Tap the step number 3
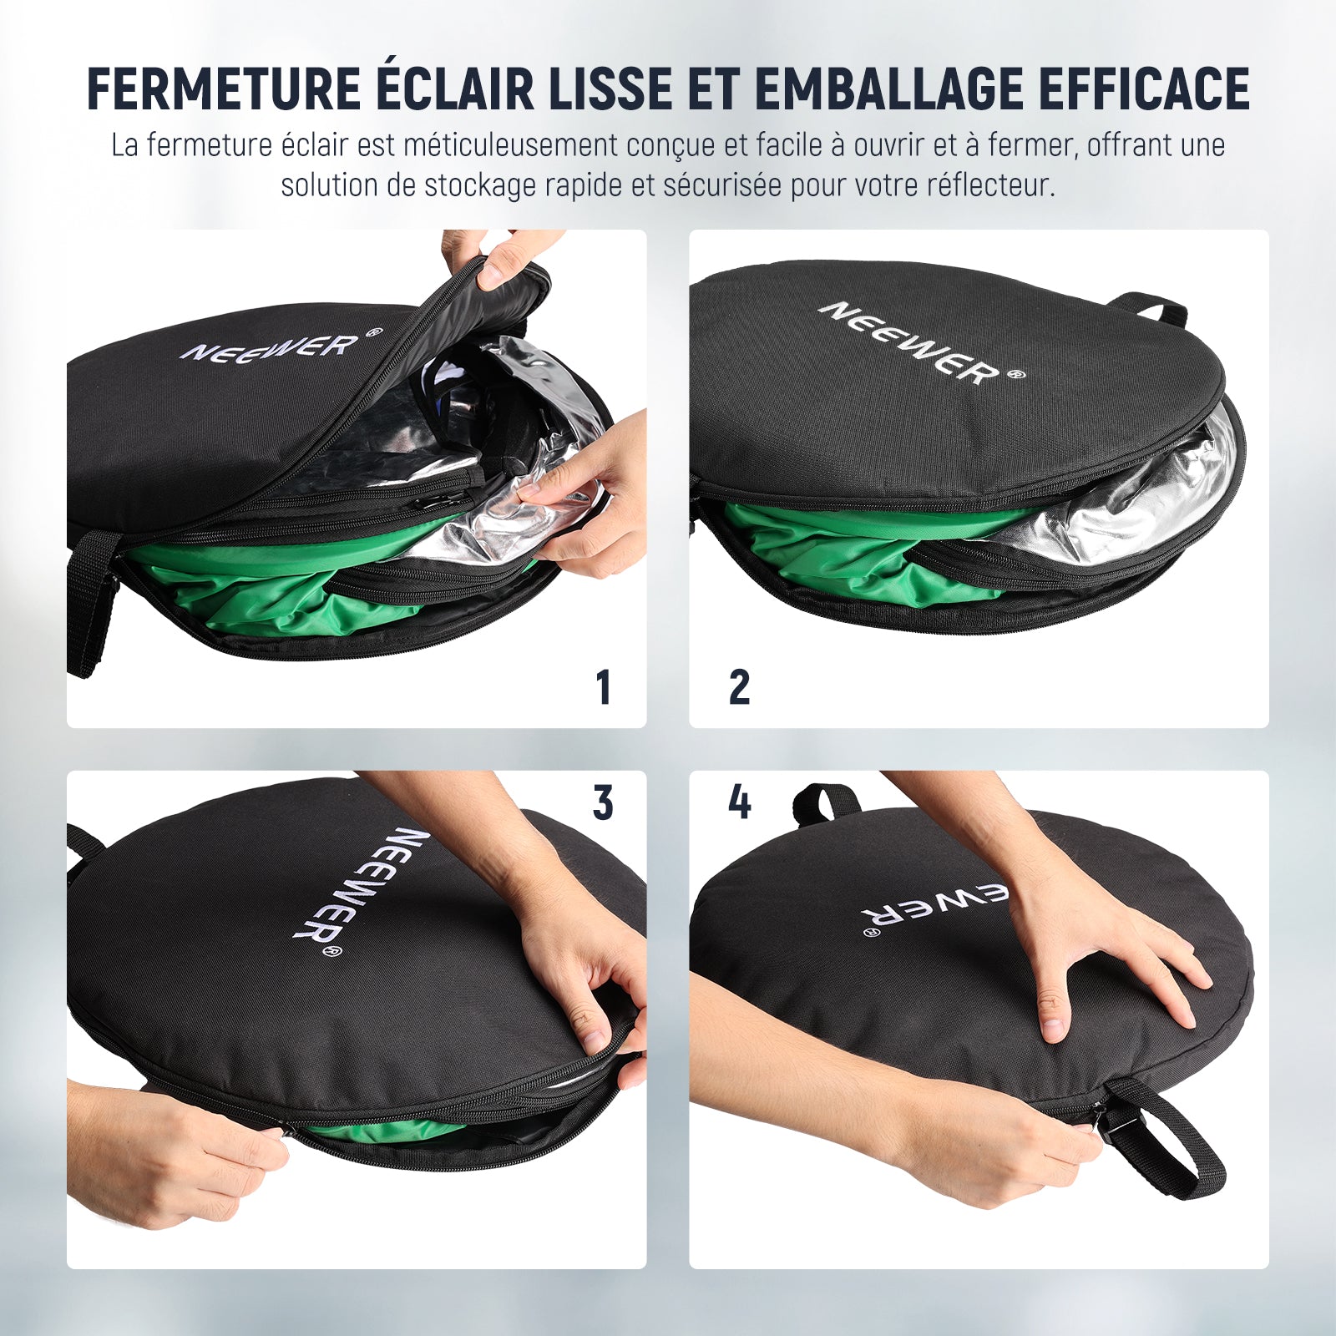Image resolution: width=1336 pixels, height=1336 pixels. (x=603, y=803)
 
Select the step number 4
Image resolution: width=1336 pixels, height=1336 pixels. (x=740, y=803)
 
